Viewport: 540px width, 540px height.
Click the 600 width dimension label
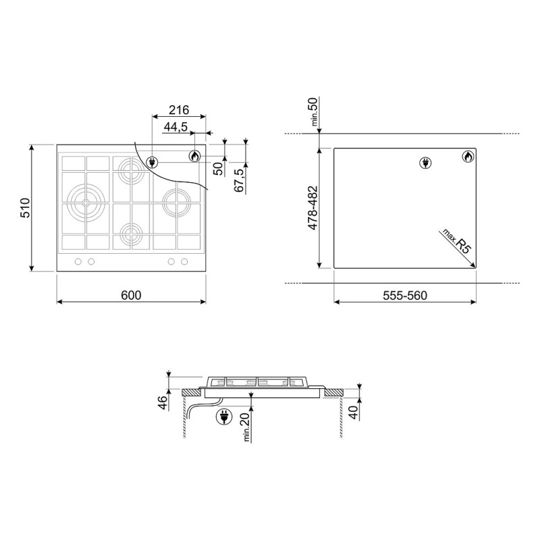tap(131, 295)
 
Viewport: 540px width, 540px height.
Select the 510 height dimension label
tap(26, 208)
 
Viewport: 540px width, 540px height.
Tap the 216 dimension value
tap(179, 110)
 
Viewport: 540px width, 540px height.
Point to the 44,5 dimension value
tap(175, 127)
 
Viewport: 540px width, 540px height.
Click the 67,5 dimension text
tap(239, 180)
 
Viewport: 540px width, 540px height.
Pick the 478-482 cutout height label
tap(313, 208)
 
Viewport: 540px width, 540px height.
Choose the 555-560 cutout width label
tap(405, 296)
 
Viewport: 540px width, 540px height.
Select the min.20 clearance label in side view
tap(246, 427)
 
